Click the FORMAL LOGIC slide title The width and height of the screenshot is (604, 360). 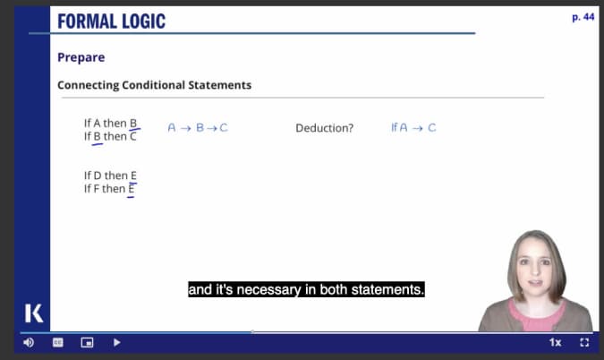point(111,21)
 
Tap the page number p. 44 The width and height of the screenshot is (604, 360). point(583,17)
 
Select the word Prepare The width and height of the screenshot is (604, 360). point(81,57)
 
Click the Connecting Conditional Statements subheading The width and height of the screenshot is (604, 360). point(154,85)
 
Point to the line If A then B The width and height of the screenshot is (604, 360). point(110,123)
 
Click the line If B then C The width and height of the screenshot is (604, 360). point(110,136)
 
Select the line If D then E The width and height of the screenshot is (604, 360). point(110,176)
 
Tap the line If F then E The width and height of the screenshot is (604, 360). point(109,188)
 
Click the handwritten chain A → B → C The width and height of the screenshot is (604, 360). point(198,127)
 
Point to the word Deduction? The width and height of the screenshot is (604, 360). point(324,128)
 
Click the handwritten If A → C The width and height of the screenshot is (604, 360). point(413,127)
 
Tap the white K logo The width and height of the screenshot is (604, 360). point(34,313)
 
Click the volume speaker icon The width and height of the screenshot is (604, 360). point(29,342)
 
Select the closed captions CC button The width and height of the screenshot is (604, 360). point(58,342)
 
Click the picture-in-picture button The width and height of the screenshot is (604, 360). point(87,342)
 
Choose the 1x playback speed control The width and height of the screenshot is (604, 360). point(555,342)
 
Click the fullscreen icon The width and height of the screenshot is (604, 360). point(584,342)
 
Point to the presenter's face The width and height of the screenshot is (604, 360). point(536,270)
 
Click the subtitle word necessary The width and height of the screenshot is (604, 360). point(268,289)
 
